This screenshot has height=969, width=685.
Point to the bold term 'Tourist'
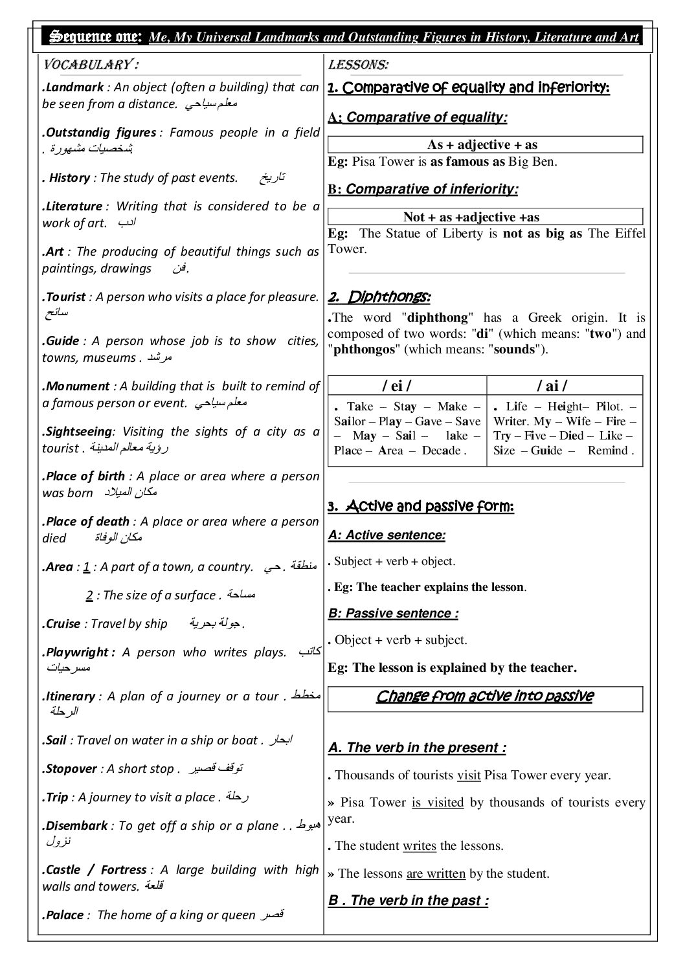click(x=66, y=297)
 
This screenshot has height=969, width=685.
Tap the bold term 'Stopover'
click(x=71, y=769)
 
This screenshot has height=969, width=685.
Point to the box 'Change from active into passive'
click(x=485, y=696)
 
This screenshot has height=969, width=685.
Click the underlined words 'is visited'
click(x=438, y=803)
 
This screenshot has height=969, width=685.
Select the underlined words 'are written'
click(x=436, y=874)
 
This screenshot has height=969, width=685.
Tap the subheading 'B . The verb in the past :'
click(x=408, y=900)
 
